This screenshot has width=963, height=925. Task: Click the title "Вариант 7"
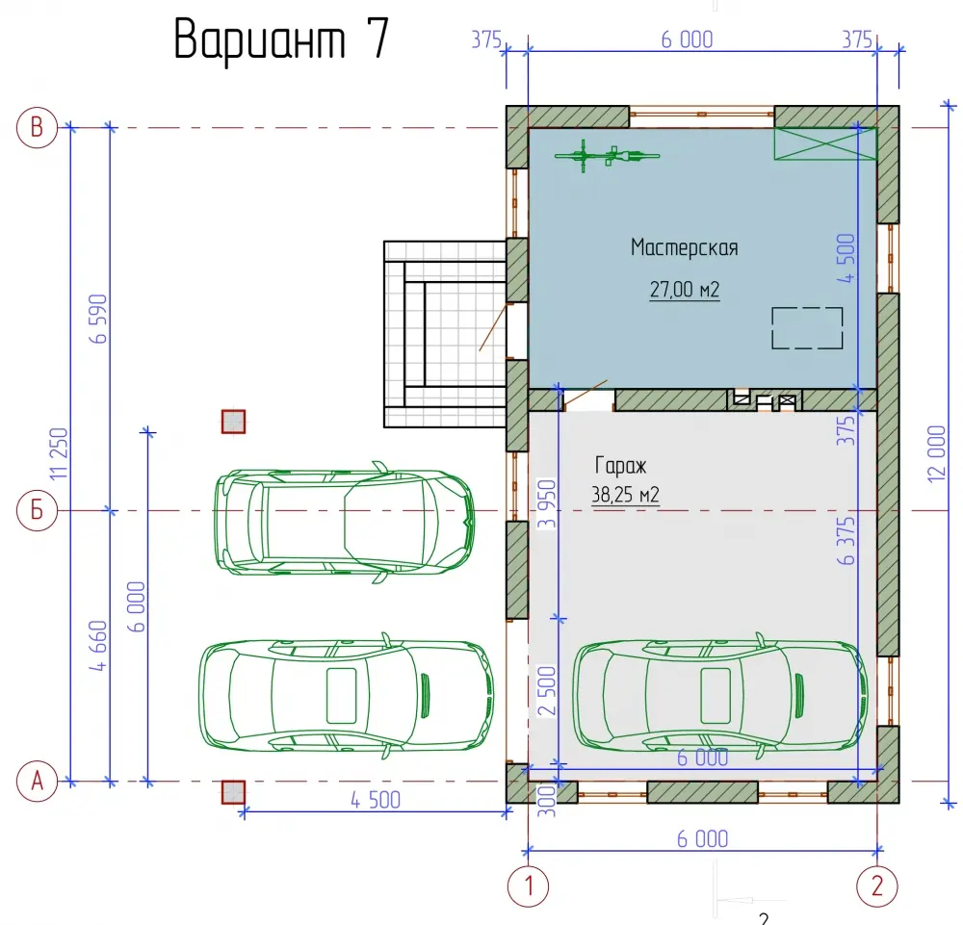pos(282,39)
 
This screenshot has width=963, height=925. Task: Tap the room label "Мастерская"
pos(684,247)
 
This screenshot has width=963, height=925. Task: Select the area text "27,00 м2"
pos(684,289)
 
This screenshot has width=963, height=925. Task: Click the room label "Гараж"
pos(620,465)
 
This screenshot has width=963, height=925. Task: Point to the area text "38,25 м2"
pos(625,494)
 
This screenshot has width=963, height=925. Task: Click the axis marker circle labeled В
pos(37,128)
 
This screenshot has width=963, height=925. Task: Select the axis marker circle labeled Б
pos(37,510)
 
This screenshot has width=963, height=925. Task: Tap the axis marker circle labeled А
pos(37,782)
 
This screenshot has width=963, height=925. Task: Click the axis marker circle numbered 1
pos(528,886)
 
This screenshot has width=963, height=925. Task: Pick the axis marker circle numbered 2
pos(877,886)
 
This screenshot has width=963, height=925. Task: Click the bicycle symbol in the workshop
pos(607,155)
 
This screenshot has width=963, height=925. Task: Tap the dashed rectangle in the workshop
pos(807,328)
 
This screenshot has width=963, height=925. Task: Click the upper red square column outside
pos(233,422)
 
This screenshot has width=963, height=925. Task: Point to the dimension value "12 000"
pos(937,453)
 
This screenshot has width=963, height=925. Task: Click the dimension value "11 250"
pos(59,453)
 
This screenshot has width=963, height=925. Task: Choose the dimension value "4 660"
pos(98,645)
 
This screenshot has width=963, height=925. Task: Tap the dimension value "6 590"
pos(98,319)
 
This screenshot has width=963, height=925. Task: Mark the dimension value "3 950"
pos(547,504)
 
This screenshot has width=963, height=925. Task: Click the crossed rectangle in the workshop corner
pos(825,143)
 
